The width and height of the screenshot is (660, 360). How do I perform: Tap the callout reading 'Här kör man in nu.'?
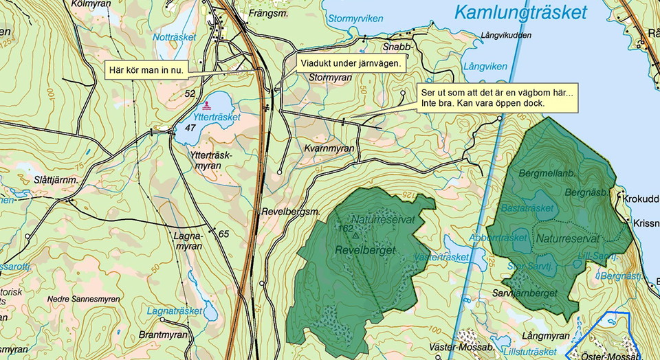coord(146,70)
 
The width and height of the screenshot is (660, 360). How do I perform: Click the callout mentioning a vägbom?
coord(496,98)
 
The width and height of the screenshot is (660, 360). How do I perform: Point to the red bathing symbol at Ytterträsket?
coord(208,105)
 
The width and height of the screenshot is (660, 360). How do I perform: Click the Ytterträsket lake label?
coord(217,117)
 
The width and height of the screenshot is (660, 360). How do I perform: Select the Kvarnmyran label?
coord(329,148)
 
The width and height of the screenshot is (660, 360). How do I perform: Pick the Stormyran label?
coord(331,78)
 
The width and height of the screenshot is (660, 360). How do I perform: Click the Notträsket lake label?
coord(174,37)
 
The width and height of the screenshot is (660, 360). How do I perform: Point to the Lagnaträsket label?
coord(174,311)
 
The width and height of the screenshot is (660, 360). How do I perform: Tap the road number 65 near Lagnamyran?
coord(223,234)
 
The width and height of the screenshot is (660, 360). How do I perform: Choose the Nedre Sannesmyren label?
coord(84,300)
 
